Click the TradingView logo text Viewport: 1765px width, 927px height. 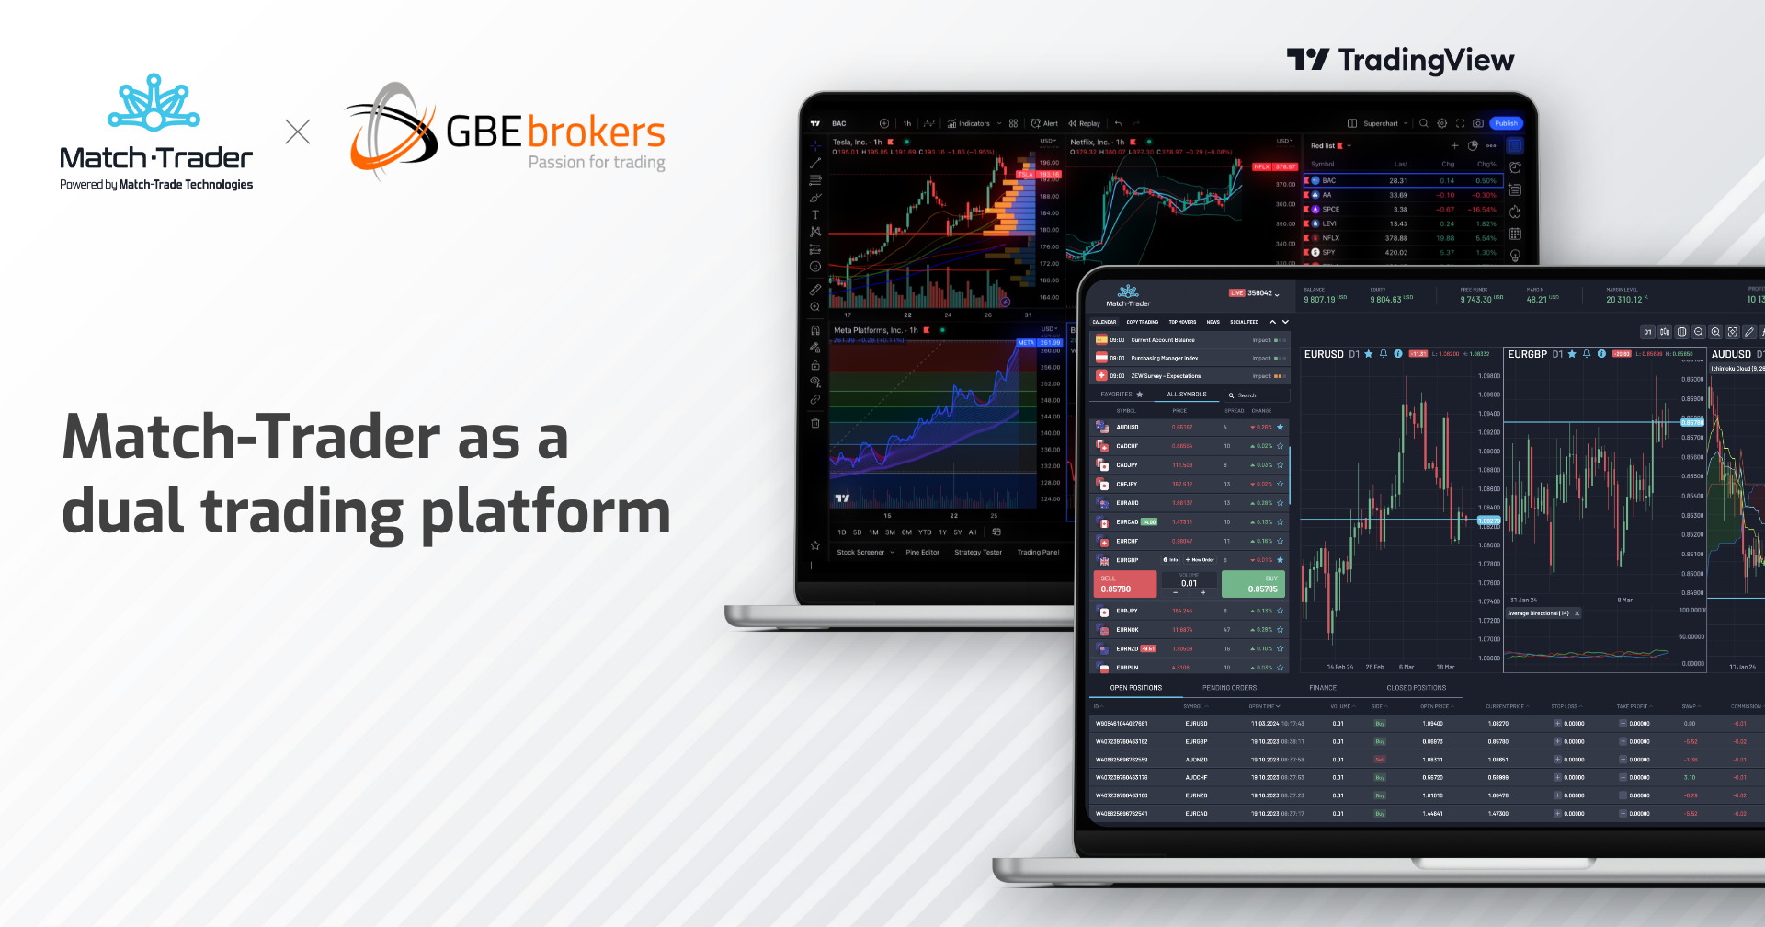[x=1425, y=61]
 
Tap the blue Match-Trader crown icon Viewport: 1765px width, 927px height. [x=154, y=103]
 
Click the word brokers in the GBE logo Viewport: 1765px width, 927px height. [x=596, y=132]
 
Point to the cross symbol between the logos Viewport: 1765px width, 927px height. [x=298, y=132]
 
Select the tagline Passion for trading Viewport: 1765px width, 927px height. [x=596, y=163]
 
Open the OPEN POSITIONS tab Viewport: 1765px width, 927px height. [x=1135, y=688]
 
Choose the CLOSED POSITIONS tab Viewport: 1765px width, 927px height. [x=1416, y=688]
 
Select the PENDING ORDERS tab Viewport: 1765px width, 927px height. [x=1229, y=688]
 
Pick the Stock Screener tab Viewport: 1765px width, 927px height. [x=861, y=553]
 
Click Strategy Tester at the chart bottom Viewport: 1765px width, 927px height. [x=978, y=553]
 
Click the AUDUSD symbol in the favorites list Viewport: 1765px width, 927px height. [x=1127, y=428]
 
